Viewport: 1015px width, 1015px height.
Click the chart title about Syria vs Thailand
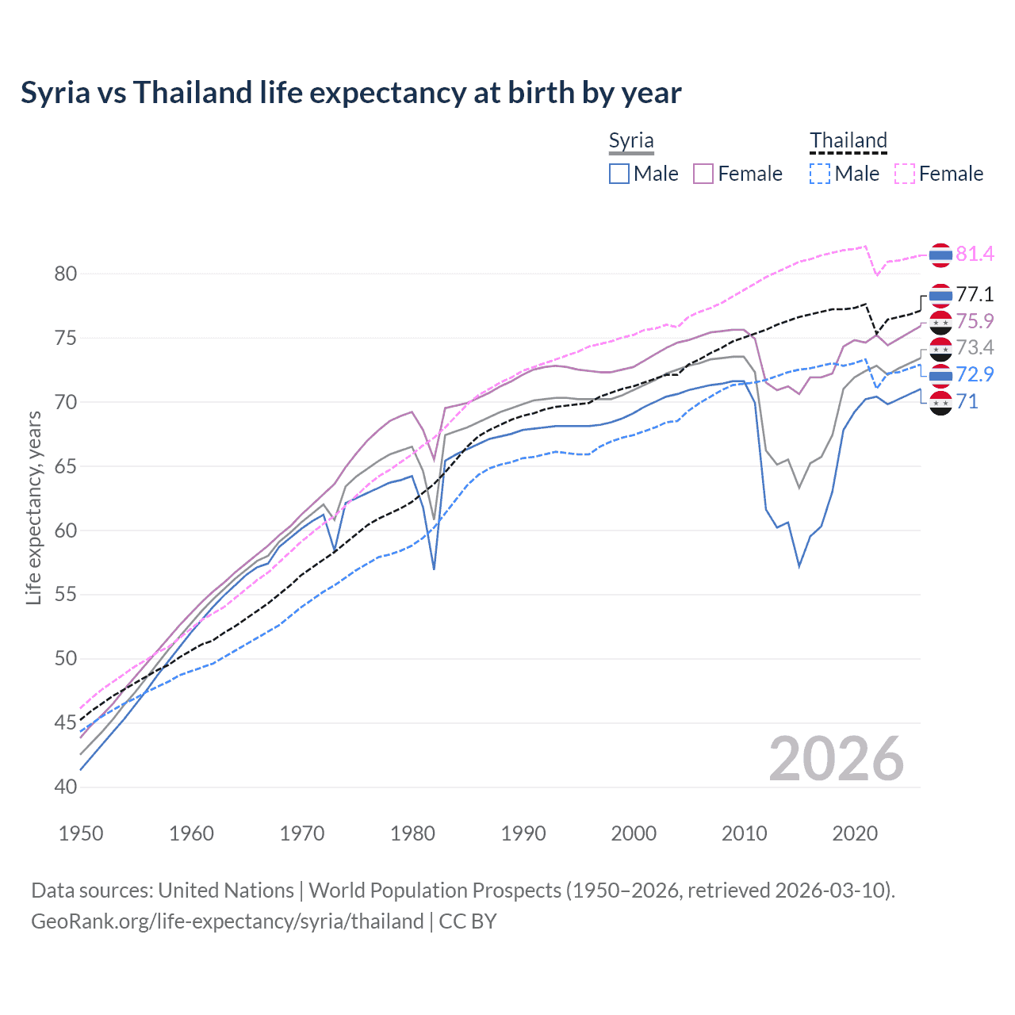[350, 93]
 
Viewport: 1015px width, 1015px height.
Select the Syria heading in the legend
[631, 141]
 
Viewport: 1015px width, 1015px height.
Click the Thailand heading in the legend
[848, 141]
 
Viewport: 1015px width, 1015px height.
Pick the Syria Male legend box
[619, 174]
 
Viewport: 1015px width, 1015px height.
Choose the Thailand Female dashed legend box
[904, 174]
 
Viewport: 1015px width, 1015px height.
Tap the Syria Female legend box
[703, 174]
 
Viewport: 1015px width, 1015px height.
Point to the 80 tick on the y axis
[66, 274]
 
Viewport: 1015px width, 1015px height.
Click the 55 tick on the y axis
[66, 595]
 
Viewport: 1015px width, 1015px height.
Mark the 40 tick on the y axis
[66, 787]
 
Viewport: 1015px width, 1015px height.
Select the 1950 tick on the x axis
[81, 833]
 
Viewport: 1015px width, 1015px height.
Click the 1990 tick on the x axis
[523, 833]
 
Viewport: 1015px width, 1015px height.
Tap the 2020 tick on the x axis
[855, 833]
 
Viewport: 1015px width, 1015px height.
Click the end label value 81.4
[975, 254]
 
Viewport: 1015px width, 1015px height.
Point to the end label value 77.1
[975, 295]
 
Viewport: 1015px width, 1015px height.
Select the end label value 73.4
[975, 347]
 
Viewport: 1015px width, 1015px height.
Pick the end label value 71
[967, 402]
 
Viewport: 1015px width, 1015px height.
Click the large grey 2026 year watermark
[836, 760]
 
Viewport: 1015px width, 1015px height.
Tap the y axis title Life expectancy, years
[33, 507]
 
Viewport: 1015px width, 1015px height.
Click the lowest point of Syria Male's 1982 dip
[434, 569]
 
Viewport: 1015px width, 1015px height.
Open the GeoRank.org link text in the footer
[227, 921]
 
